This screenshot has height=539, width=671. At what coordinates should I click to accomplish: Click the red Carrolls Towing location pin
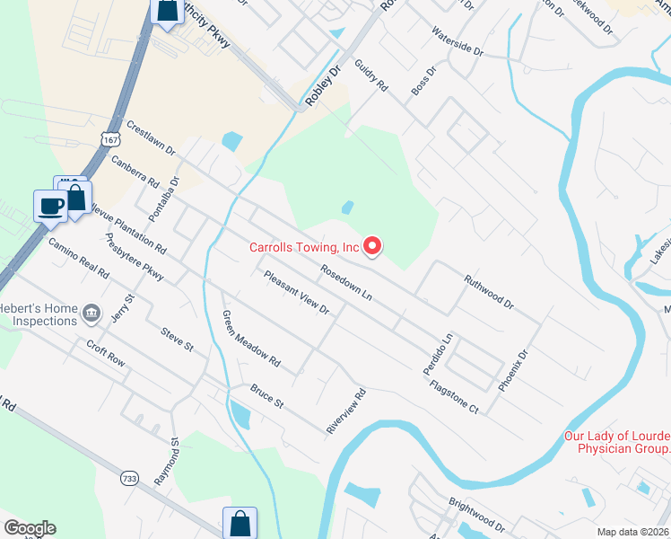pos(373,244)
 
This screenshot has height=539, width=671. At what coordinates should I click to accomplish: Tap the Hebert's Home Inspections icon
pos(91,313)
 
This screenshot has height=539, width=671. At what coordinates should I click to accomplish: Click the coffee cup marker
pos(50,206)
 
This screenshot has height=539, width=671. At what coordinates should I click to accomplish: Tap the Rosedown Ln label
pos(346,281)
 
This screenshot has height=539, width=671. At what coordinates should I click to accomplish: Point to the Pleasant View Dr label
pos(297,292)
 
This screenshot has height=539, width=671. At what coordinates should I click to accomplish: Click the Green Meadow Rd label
pos(251,340)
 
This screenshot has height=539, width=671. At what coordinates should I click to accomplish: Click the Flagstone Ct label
pos(455,396)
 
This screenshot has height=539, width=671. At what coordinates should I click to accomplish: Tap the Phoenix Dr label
pos(515,369)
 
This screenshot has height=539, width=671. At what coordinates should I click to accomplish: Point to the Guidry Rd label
pos(370,75)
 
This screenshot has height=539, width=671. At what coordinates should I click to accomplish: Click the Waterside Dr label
pos(457,43)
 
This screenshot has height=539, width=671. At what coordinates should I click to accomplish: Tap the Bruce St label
pos(266,397)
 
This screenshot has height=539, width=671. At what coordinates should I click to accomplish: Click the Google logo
pos(30,528)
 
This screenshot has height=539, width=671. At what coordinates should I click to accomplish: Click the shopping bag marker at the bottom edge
pos(240,522)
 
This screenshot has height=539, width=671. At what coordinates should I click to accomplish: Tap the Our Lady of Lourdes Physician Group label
pos(616,442)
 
